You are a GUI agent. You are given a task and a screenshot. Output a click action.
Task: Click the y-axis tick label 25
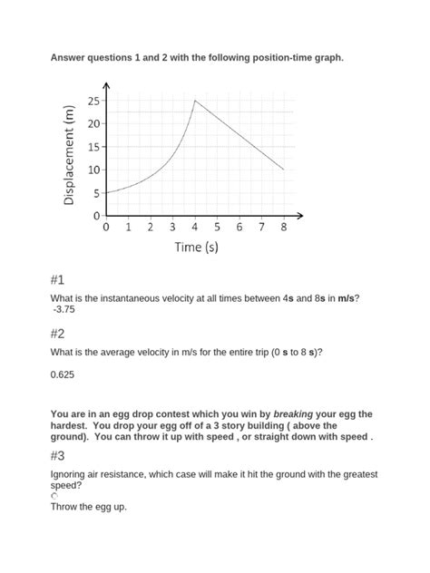[93, 100]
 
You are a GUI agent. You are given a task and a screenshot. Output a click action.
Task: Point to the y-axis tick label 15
[93, 146]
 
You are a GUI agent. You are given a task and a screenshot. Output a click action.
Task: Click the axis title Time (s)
[196, 247]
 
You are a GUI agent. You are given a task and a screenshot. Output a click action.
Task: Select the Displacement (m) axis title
[69, 154]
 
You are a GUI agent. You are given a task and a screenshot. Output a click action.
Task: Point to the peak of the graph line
[195, 101]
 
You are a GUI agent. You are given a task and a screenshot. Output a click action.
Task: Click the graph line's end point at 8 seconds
[284, 170]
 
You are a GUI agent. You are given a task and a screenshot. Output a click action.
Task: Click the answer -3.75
[65, 309]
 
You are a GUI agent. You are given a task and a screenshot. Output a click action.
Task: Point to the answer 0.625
[63, 374]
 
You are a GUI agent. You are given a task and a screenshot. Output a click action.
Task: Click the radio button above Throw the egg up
[54, 497]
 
